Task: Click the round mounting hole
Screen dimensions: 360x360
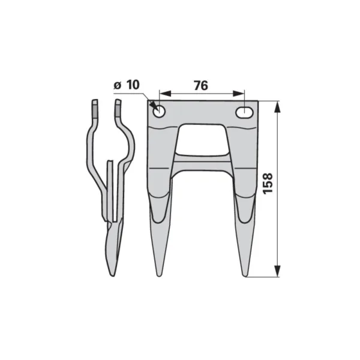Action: click(160, 112)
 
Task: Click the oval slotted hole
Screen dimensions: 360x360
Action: click(245, 113)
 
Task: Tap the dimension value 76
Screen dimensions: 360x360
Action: click(201, 86)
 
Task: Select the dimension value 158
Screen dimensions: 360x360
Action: click(268, 184)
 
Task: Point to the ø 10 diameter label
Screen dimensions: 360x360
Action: click(127, 85)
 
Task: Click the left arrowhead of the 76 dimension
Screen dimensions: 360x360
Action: click(166, 94)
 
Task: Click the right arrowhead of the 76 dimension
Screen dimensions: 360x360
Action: click(239, 94)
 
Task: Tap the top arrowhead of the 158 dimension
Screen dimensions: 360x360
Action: click(278, 107)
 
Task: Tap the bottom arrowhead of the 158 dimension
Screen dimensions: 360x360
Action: click(278, 271)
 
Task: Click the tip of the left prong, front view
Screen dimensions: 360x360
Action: click(159, 276)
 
